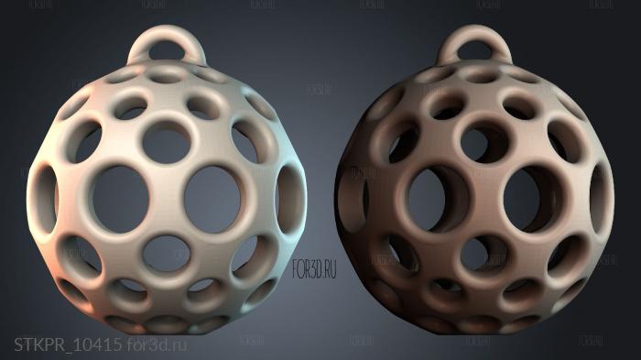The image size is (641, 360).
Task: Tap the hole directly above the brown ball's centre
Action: coord(476,139)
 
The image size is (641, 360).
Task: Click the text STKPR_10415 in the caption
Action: coord(68,344)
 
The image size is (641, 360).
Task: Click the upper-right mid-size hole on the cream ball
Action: coord(244,142)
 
